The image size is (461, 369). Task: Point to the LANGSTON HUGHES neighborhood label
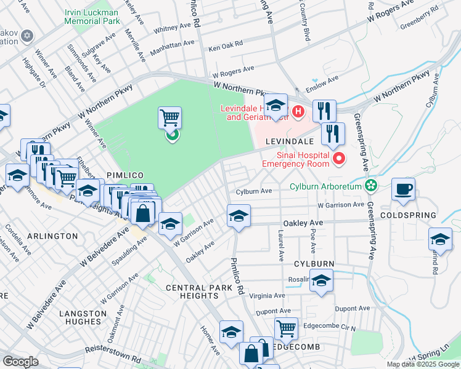pos(80,317)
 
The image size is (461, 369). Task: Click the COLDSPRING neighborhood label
pos(408,215)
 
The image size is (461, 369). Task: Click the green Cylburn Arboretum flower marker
pos(370,185)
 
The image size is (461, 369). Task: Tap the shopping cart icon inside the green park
pos(169,117)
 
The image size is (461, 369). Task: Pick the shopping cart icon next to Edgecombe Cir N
pos(286,328)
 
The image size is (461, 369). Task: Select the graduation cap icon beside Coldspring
pos(440,239)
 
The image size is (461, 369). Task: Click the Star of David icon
pos(27,36)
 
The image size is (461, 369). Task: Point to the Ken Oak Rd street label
pos(226,46)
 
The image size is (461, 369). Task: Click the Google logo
pos(20,362)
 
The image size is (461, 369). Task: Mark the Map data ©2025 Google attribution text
pos(422,364)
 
